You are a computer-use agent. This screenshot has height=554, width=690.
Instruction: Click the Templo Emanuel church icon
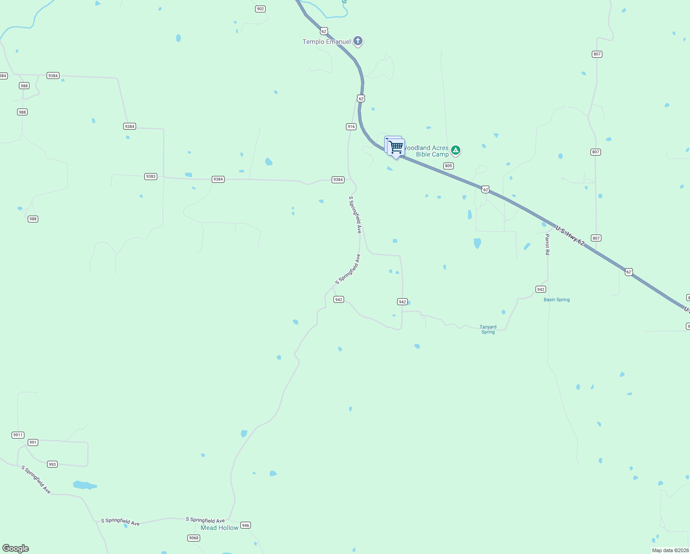pos(358,41)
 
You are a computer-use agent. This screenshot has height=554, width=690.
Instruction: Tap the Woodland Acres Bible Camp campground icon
pos(456,150)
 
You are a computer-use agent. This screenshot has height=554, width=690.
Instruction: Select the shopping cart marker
pos(396,147)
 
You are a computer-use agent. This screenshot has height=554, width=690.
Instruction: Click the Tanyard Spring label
pos(488,329)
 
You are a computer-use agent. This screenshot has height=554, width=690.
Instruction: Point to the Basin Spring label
pos(556,300)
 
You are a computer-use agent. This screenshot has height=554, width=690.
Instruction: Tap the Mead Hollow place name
pos(220,528)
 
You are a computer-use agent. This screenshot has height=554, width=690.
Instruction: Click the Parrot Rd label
pos(547,244)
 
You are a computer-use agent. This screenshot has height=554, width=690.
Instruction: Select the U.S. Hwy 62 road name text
pos(570,235)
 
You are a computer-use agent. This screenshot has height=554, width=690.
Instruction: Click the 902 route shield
pos(260,9)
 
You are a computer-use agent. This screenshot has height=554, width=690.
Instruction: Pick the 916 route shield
pos(351,126)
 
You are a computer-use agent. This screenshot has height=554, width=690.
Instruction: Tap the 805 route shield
pos(448,166)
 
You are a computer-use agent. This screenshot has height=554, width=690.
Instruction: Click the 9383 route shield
pos(151,176)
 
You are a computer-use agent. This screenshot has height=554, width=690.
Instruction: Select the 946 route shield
pos(245,525)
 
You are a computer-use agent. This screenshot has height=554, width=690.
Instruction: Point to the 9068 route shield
pos(194,538)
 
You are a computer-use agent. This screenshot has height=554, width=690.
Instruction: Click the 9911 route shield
pos(18,435)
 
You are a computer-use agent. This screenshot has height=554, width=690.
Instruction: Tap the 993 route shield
pos(52,464)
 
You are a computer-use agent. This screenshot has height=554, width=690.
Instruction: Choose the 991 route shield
pos(33,442)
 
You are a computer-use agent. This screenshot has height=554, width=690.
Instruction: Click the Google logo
pos(16,548)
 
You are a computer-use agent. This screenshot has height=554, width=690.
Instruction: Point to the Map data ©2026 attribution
pos(670,550)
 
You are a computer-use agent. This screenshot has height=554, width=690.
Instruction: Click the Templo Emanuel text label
pos(327,42)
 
